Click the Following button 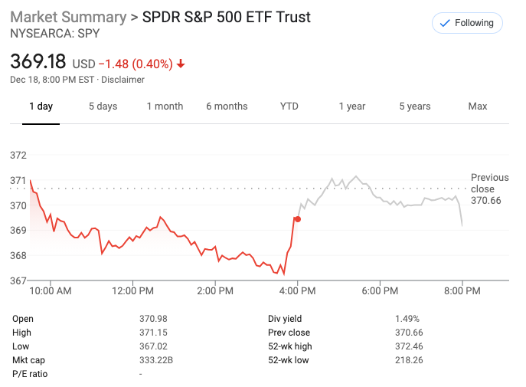[x=467, y=23]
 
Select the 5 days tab [x=103, y=107]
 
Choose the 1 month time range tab [x=165, y=107]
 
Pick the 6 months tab [x=227, y=107]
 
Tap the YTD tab [x=289, y=107]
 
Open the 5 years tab [x=414, y=107]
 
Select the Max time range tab [x=477, y=107]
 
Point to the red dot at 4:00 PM [x=298, y=219]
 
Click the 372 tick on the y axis [x=18, y=156]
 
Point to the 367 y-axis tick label [x=18, y=280]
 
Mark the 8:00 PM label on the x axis [x=462, y=291]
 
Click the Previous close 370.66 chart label [x=488, y=189]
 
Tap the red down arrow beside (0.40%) [x=181, y=64]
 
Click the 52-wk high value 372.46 [x=409, y=346]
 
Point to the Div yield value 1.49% [x=407, y=319]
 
